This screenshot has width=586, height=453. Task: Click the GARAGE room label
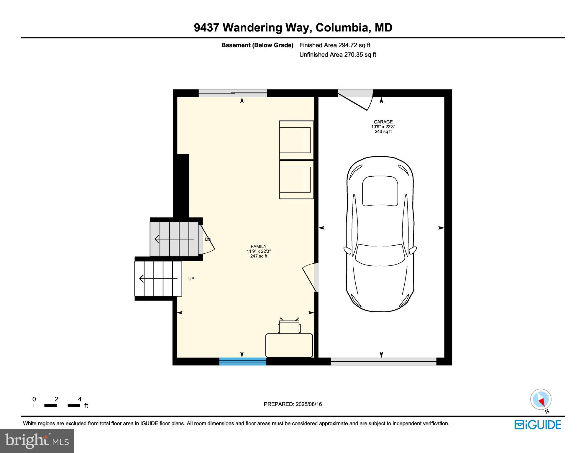(x=383, y=122)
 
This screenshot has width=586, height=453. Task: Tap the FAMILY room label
(x=258, y=247)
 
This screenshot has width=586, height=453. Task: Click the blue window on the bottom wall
(x=243, y=361)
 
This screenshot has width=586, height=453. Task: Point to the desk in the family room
(x=289, y=345)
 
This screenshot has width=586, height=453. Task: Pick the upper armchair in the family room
(x=296, y=140)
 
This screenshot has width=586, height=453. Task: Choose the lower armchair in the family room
(x=296, y=180)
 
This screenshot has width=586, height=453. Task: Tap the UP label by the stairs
(x=191, y=279)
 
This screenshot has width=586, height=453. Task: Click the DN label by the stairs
(x=208, y=239)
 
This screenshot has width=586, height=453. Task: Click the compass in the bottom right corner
(x=541, y=400)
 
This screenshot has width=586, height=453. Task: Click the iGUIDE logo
(x=537, y=425)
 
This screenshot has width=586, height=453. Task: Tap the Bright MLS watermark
(x=37, y=441)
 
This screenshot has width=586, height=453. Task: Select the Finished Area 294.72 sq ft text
(x=334, y=45)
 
